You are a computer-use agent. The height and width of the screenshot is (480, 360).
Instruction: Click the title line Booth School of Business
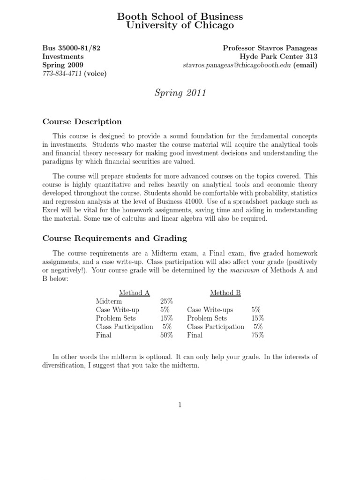coord(180,17)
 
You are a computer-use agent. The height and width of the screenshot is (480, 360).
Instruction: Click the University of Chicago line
coord(180,26)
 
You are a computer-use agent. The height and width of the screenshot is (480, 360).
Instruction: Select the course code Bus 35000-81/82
coord(71,48)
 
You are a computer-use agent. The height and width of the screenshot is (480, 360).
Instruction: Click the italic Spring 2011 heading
coord(180,93)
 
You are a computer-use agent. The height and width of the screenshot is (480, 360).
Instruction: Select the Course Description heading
coord(82,122)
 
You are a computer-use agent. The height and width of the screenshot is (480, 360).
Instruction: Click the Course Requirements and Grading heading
coord(115,238)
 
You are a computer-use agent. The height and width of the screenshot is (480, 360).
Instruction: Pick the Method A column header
coord(134,293)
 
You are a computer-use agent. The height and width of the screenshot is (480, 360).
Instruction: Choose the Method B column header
coord(225,293)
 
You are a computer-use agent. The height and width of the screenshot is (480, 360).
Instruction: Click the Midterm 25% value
coord(166,301)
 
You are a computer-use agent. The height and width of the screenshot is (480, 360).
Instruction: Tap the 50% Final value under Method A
coord(166,335)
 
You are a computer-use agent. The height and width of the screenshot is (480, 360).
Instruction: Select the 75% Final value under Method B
coord(257,335)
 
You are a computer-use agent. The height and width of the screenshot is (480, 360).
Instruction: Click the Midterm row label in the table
coord(109,301)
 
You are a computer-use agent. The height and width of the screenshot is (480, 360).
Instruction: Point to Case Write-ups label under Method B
coord(210,310)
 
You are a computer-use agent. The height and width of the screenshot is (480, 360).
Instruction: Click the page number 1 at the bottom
coord(180,405)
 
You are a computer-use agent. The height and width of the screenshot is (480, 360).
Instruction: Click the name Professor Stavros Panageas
coord(270,48)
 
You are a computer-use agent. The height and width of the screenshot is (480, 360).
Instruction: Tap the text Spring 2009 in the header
coord(63,65)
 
